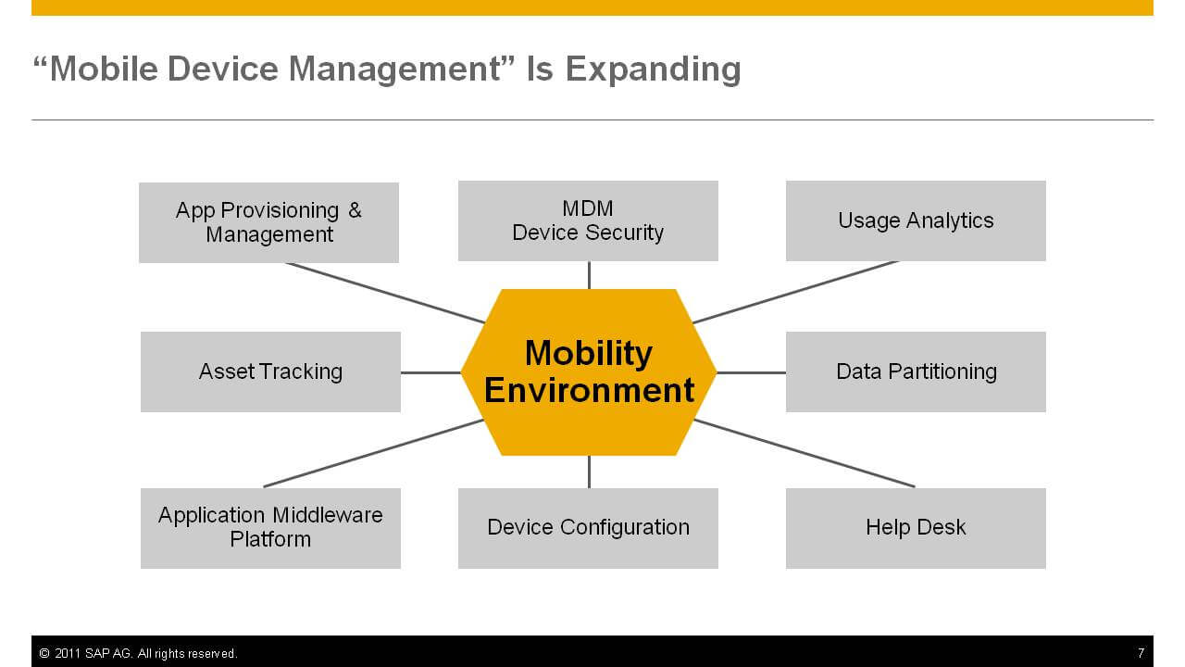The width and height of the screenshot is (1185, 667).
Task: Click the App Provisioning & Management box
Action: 268,223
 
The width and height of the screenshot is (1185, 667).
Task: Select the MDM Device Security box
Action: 588,220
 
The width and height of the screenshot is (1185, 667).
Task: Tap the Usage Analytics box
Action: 916,220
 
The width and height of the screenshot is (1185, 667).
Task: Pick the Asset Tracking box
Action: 270,371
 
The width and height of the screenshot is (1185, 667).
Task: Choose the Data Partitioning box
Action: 916,371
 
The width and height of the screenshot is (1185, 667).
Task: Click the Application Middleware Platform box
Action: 270,528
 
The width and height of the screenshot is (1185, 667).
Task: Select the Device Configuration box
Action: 588,528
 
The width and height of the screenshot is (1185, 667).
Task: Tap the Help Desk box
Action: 916,528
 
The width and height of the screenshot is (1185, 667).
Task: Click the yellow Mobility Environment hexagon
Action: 589,372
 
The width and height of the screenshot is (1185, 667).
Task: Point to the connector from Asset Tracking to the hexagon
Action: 430,372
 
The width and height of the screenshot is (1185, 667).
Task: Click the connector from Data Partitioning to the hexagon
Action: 751,372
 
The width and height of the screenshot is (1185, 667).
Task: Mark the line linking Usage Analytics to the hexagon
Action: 795,292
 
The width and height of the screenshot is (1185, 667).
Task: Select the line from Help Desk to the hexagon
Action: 805,453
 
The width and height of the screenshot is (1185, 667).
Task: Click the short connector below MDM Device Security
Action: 590,275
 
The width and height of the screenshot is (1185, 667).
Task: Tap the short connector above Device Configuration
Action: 590,472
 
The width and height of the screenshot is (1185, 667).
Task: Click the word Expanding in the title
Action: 654,69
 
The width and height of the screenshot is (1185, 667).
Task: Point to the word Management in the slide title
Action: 394,69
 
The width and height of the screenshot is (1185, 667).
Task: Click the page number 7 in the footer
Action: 1141,653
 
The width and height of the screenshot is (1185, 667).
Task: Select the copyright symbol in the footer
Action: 44,653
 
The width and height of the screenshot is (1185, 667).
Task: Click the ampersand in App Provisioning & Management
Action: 355,210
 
